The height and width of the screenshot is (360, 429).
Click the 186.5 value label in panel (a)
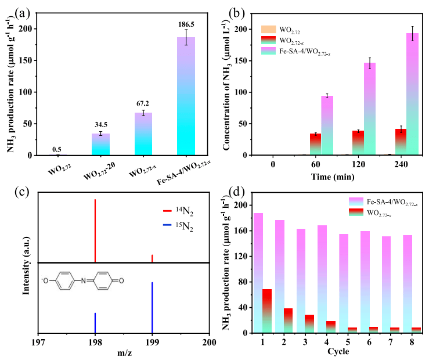[186, 24]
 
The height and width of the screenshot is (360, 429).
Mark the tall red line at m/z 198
[95, 231]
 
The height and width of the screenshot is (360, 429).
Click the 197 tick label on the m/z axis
[38, 343]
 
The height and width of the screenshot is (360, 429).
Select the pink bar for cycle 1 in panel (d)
[258, 273]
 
